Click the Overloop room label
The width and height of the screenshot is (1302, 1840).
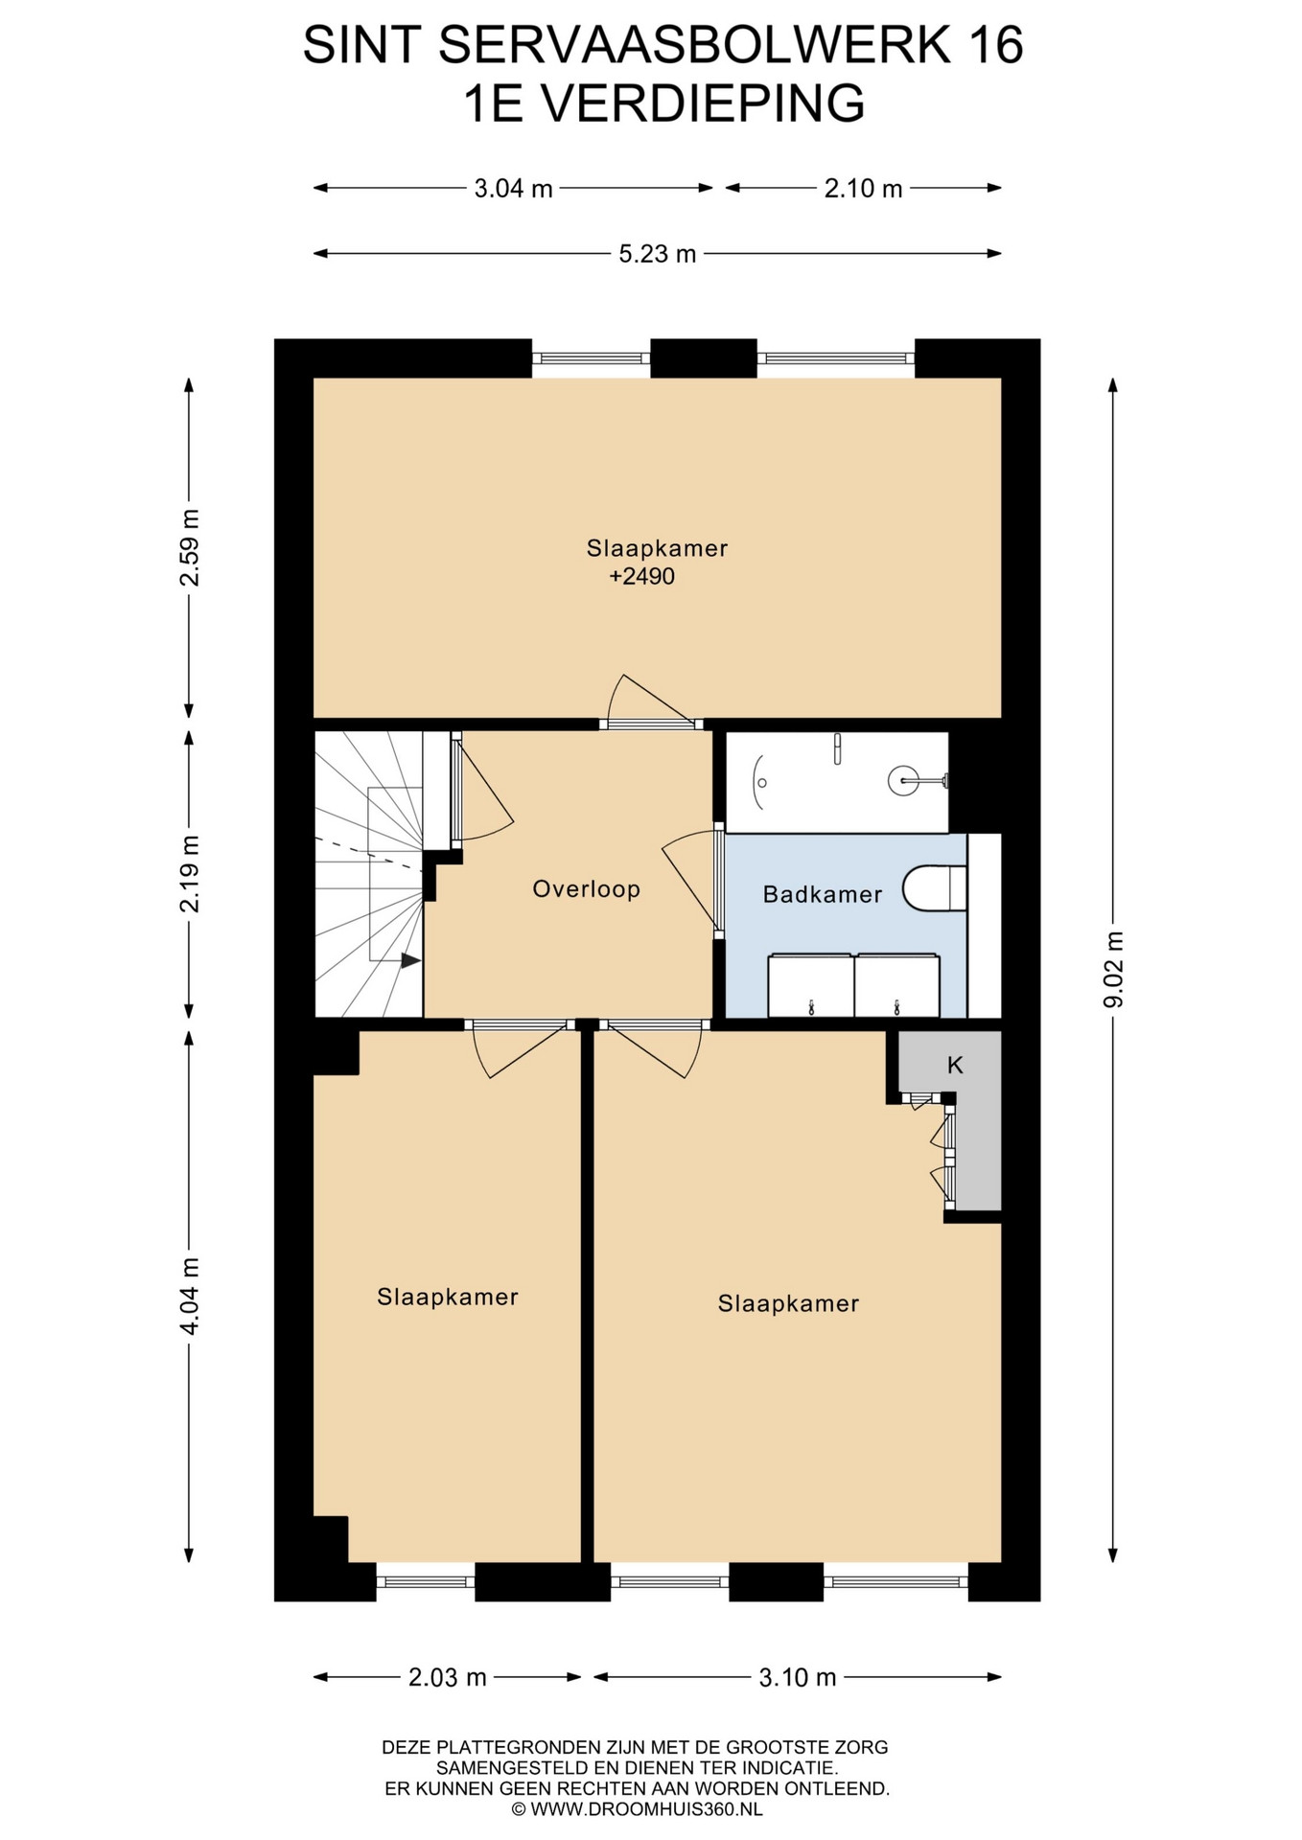(x=586, y=889)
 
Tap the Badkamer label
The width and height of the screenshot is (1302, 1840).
(x=822, y=894)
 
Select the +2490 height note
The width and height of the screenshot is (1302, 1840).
(x=642, y=576)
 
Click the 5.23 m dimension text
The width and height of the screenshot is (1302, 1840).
(x=658, y=254)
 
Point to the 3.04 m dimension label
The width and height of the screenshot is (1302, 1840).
(x=514, y=189)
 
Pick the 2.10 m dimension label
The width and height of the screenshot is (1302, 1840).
(x=864, y=189)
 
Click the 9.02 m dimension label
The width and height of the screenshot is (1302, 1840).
(x=1113, y=969)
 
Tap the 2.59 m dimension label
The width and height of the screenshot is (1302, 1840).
(x=191, y=547)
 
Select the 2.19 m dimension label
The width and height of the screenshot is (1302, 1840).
(x=191, y=873)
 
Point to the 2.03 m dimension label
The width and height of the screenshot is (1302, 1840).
(x=448, y=1677)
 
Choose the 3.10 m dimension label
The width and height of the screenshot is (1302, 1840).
(x=798, y=1677)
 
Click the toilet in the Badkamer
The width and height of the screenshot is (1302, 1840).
(x=935, y=888)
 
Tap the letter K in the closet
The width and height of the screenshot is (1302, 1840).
(x=955, y=1065)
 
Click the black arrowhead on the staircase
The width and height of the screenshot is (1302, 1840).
(x=411, y=960)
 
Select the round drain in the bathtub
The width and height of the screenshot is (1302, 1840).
(x=903, y=780)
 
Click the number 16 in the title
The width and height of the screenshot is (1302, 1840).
(x=996, y=45)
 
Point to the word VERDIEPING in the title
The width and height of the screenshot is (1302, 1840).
(x=702, y=103)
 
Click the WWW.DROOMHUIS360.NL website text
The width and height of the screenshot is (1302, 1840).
(x=645, y=1809)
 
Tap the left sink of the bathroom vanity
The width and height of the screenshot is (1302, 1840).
(x=810, y=985)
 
